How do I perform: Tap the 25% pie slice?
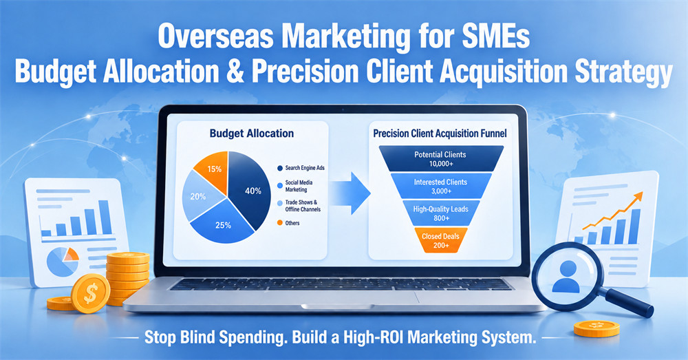tap(223, 222)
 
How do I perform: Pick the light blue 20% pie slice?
tap(200, 195)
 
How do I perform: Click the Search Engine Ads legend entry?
tap(301, 168)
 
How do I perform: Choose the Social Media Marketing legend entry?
tap(295, 186)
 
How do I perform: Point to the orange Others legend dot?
tap(279, 223)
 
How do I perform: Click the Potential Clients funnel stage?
tap(440, 159)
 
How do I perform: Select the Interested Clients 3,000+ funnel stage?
tap(441, 186)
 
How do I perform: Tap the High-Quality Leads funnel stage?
tap(441, 213)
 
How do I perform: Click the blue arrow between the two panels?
tap(351, 193)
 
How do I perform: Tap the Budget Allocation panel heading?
tap(251, 134)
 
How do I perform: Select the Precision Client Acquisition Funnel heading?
tap(440, 134)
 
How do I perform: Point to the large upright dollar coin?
tap(90, 294)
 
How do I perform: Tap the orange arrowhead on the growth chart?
tap(637, 197)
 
